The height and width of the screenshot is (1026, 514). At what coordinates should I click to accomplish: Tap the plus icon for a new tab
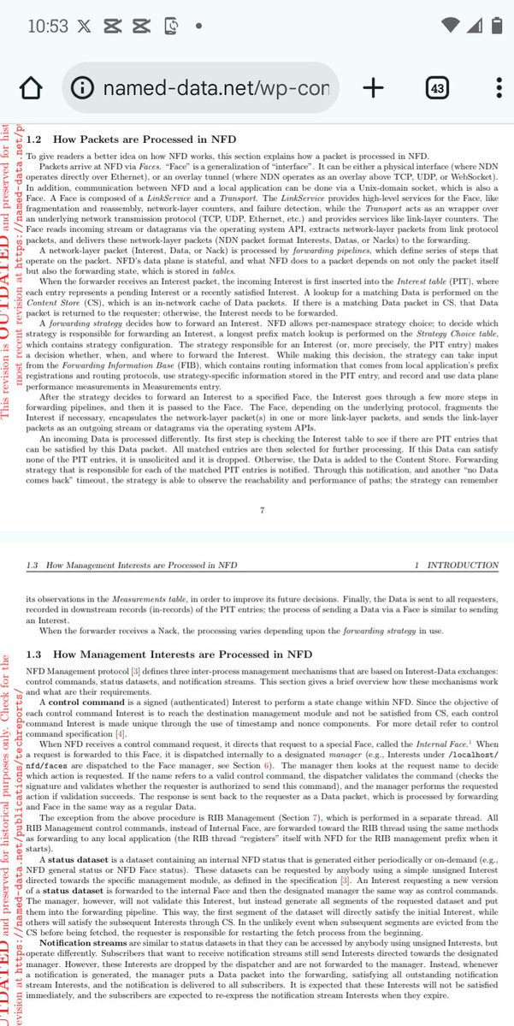pyautogui.click(x=373, y=87)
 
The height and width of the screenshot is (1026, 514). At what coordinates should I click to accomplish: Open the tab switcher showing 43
pyautogui.click(x=437, y=88)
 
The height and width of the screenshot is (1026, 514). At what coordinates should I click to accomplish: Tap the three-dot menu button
pyautogui.click(x=499, y=88)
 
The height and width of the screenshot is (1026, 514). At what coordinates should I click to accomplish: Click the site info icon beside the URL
pyautogui.click(x=83, y=88)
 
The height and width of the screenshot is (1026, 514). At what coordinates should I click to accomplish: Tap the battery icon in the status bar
pyautogui.click(x=495, y=25)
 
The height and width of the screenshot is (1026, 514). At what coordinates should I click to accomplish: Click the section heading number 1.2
pyautogui.click(x=34, y=139)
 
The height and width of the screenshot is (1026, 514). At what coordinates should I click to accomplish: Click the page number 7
pyautogui.click(x=262, y=511)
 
